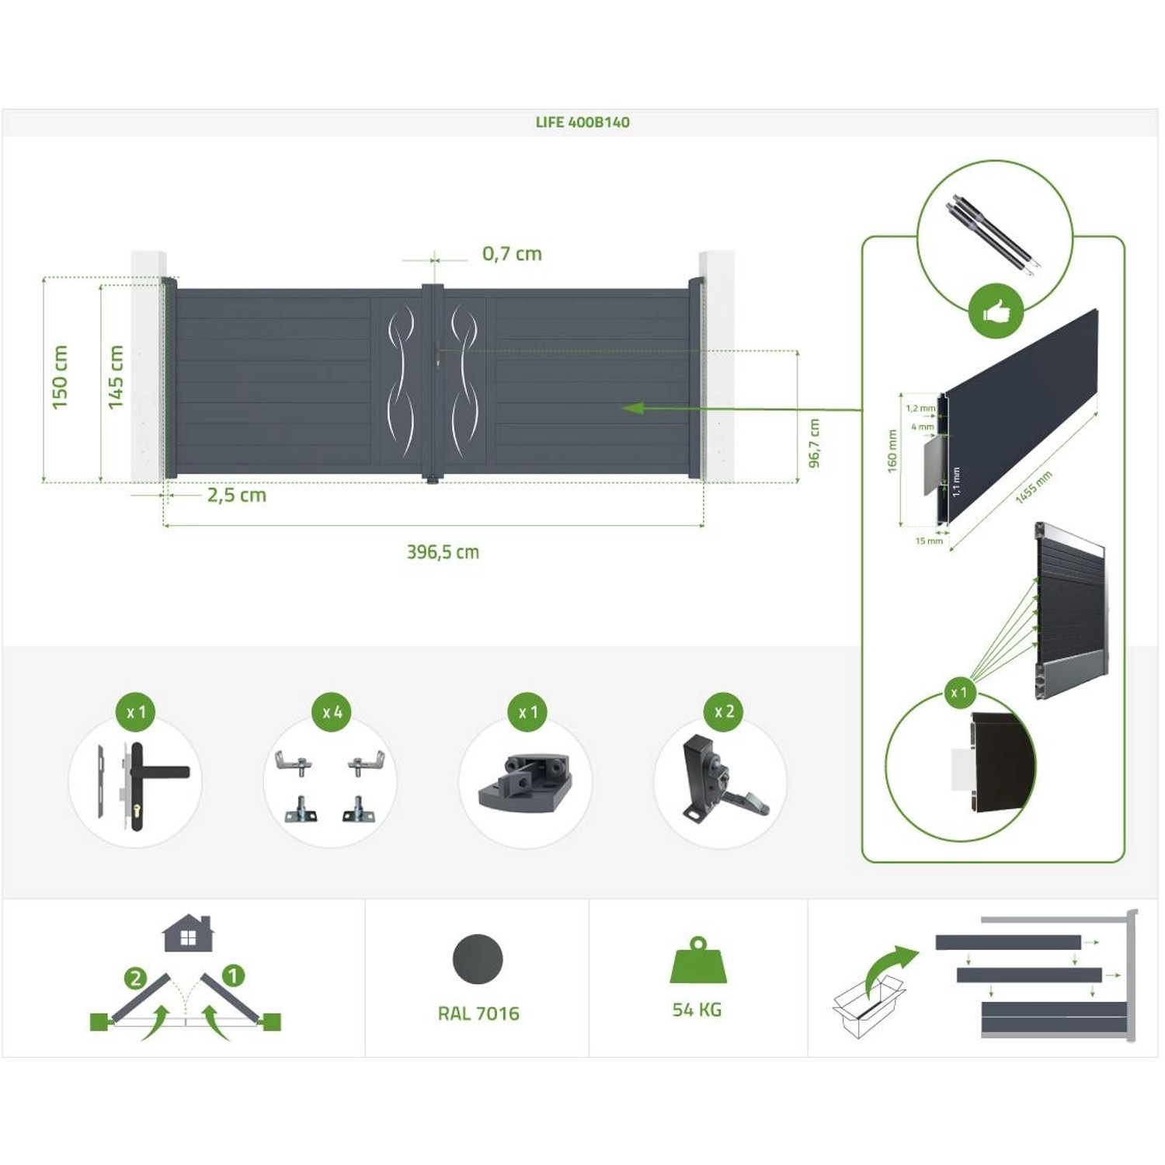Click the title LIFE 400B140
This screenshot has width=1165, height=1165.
tap(582, 122)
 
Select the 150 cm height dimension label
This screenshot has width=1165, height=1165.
tap(60, 377)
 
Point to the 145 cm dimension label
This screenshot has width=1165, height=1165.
tap(116, 377)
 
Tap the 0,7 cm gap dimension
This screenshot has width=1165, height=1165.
tap(512, 254)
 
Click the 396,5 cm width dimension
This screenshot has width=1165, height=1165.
tap(443, 552)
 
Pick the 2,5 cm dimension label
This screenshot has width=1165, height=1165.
tap(236, 496)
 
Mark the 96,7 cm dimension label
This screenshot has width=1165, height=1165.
tap(814, 443)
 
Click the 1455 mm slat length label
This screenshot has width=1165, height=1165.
tap(1034, 487)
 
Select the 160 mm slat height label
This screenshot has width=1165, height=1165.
tap(892, 450)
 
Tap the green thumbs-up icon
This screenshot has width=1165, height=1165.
tap(996, 312)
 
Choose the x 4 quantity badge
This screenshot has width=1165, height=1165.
tap(332, 712)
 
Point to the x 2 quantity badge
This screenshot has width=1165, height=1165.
tap(724, 711)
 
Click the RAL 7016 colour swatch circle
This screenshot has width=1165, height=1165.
tap(478, 959)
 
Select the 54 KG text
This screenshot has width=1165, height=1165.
tap(697, 1010)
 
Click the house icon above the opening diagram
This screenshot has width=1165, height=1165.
tap(188, 933)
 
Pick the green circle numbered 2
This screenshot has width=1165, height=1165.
tap(136, 978)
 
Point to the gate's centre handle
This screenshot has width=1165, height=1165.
tap(439, 357)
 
